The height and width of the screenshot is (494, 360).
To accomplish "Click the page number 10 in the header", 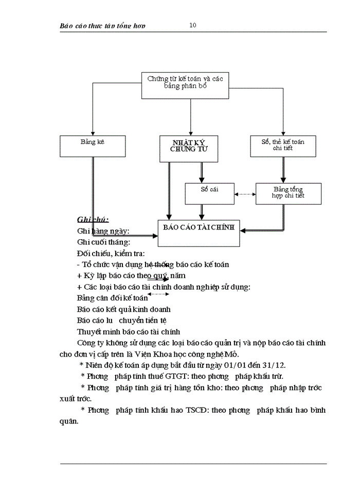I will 192,25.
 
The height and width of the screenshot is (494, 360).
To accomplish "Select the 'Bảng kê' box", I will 93,146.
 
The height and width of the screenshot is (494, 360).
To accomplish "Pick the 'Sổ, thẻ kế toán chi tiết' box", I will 283,146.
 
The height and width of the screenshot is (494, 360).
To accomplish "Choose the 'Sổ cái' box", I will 209,193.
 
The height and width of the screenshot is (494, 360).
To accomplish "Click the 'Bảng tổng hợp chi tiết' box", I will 289,193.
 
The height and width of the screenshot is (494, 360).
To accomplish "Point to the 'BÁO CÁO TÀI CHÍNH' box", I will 199,233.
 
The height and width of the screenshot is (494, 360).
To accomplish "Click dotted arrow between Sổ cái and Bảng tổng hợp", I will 245,194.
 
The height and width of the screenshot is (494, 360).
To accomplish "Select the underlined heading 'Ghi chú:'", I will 93,220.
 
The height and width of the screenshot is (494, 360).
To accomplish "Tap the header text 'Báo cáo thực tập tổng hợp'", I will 106,26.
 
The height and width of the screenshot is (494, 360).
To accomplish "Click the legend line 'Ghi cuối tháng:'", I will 103,242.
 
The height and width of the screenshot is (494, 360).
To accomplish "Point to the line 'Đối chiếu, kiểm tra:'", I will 111,253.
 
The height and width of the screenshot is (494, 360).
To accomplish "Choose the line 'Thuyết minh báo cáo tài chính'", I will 128,331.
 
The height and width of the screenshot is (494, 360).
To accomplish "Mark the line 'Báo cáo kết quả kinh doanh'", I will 123,309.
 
